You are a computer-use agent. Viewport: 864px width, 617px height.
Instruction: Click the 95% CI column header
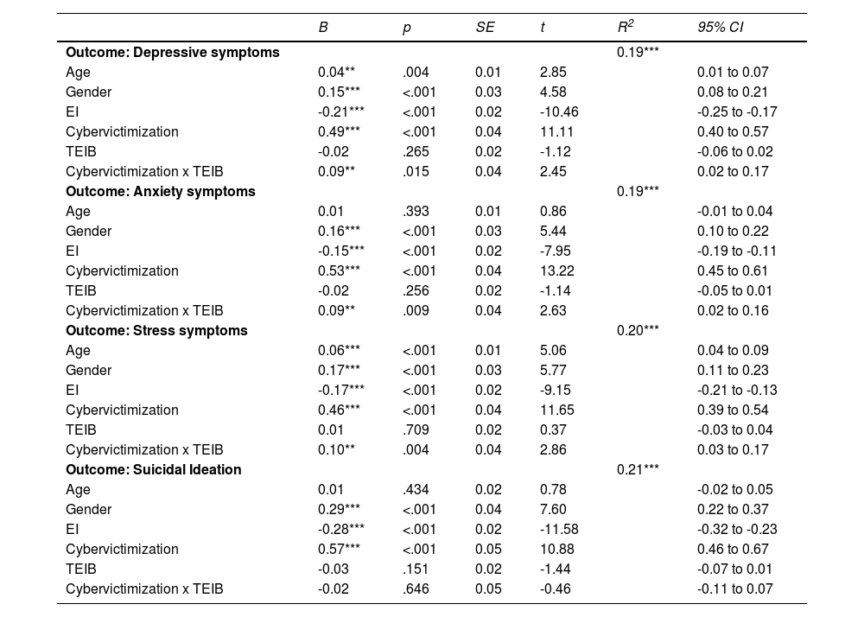point(721,28)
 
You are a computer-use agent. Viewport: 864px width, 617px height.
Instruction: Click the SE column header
point(485,28)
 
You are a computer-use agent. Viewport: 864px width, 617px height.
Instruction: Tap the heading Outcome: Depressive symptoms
point(173,52)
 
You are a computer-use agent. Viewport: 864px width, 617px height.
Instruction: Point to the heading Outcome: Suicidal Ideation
point(154,469)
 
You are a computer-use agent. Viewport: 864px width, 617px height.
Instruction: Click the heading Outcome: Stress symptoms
point(156,330)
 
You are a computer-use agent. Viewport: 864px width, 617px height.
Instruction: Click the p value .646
point(415,588)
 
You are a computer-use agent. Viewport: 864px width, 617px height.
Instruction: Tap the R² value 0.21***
point(638,469)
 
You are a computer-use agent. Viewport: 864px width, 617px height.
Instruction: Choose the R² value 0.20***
point(638,330)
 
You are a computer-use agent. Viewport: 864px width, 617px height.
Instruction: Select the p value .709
point(415,429)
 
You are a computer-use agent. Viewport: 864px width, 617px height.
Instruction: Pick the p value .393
point(415,211)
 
